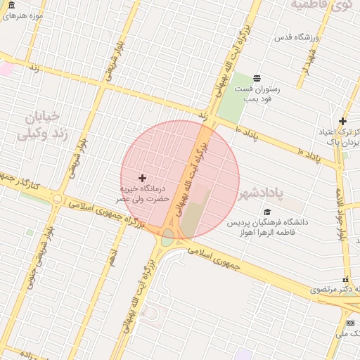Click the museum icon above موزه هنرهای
click(11, 5)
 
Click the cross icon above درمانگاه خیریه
click(142, 179)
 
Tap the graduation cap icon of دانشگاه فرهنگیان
click(266, 212)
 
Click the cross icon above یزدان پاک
click(342, 121)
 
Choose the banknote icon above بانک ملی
click(351, 323)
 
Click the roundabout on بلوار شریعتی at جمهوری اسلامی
click(56, 198)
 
